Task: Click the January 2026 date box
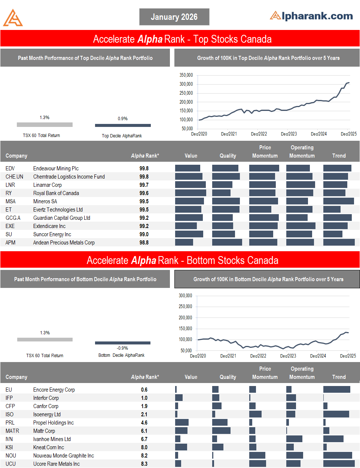[x=174, y=17]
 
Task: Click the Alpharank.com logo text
[x=311, y=16]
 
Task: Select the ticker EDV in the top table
[x=10, y=168]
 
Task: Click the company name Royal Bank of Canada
[x=56, y=193]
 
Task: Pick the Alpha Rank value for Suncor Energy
[x=144, y=234]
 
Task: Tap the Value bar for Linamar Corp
[x=190, y=185]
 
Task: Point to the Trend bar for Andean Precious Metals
[x=339, y=242]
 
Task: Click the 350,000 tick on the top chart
[x=186, y=75]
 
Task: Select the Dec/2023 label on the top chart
[x=289, y=134]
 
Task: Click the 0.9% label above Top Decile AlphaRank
[x=123, y=119]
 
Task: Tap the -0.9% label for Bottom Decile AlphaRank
[x=122, y=348]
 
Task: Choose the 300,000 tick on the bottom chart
[x=185, y=296]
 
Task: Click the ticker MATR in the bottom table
[x=12, y=431]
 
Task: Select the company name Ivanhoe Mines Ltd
[x=52, y=439]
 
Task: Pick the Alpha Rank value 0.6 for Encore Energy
[x=144, y=390]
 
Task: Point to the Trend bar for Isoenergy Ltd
[x=336, y=414]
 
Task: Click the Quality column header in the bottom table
[x=228, y=377]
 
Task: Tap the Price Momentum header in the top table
[x=265, y=152]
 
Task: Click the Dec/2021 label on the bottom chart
[x=228, y=356]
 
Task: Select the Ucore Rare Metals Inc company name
[x=57, y=464]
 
